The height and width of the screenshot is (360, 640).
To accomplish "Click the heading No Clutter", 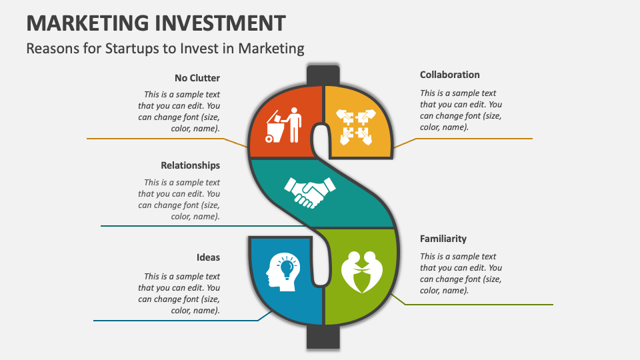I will pos(197,78).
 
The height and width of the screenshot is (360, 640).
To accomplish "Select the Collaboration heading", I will pos(449,75).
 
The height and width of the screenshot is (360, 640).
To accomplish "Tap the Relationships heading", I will pos(190,165).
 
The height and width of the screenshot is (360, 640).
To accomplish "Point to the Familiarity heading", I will pos(443,239).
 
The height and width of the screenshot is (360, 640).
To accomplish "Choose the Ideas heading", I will pos(208,257).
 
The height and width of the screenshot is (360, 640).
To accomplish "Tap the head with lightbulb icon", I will pos(282,273).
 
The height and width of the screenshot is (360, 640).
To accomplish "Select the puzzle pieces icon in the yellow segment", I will pos(357,127).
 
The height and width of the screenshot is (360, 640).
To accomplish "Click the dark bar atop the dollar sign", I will pos(323,75).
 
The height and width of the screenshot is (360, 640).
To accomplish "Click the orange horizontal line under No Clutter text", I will pos(153,139).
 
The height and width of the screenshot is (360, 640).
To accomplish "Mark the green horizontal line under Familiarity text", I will pos(480,305).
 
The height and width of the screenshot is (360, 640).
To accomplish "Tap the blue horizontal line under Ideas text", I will pos(173,321).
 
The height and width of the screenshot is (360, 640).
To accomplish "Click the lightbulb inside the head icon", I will pos(287,268).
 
